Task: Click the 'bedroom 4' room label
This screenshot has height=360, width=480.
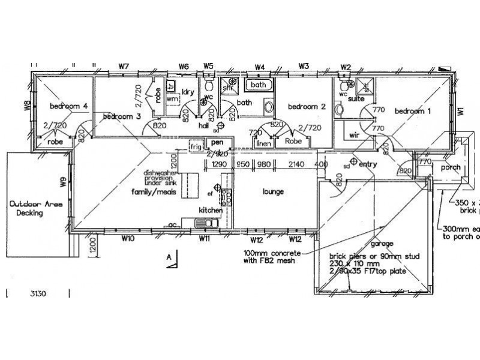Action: pos(69,106)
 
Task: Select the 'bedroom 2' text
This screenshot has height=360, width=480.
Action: pos(306,107)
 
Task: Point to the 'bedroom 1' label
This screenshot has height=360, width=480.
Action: pos(412,111)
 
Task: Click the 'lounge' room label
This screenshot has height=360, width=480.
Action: pos(273,192)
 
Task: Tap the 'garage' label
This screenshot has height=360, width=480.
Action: pos(382,244)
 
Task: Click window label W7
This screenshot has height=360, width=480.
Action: pos(124,66)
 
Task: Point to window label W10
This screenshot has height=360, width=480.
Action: pos(127,239)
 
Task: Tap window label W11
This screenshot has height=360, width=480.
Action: pos(204,239)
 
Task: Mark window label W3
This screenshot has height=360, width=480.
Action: pos(304,66)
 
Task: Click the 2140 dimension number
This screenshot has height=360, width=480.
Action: pos(296,164)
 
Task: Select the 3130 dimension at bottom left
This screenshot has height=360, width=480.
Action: pos(38,294)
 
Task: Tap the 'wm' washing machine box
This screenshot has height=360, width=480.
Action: pos(172,98)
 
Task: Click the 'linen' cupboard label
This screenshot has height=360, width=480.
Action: pos(263,143)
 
